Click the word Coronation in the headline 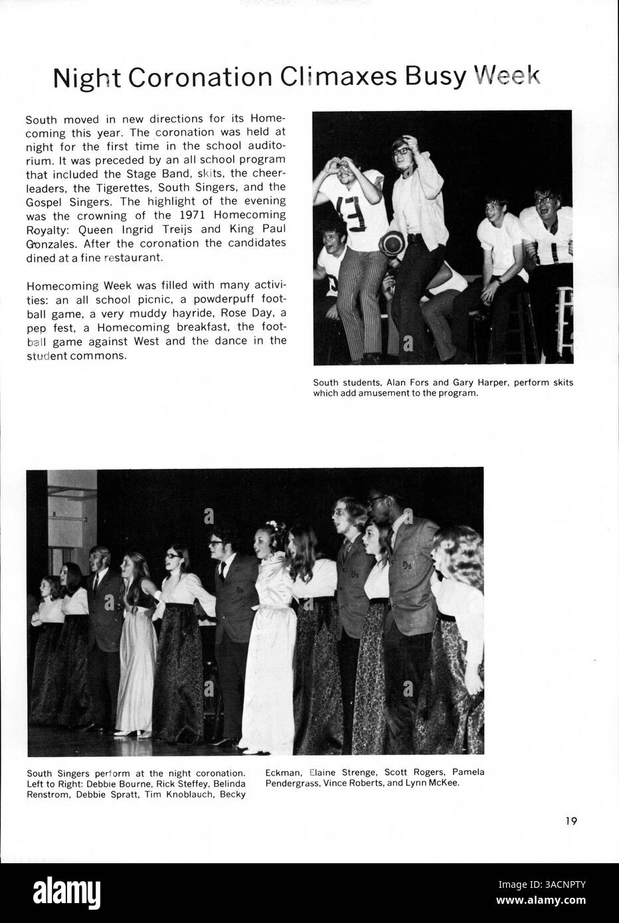click(199, 78)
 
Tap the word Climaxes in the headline click(337, 78)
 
